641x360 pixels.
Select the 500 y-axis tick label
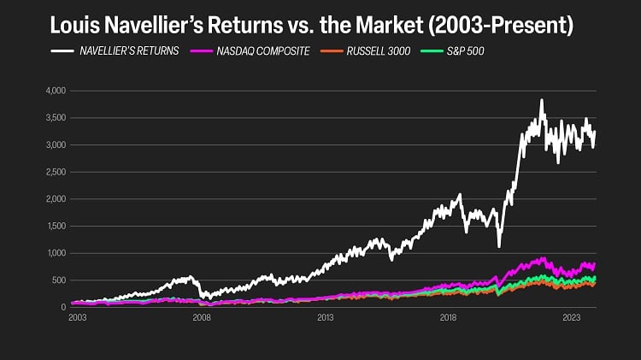point(58,280)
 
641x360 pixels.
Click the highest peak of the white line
point(542,100)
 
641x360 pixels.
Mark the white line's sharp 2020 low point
point(499,246)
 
